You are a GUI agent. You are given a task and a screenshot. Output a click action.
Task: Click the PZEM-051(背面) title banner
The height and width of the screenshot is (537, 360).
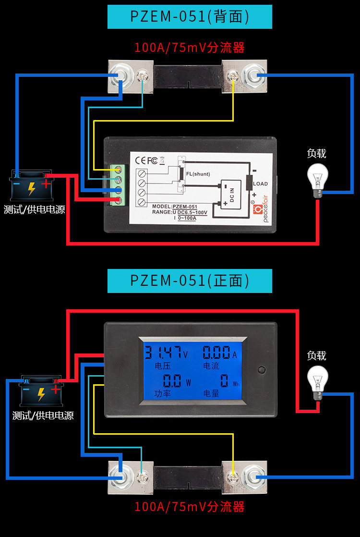point(190,16)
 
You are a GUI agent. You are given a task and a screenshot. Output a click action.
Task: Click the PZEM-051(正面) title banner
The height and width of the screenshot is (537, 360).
point(190,281)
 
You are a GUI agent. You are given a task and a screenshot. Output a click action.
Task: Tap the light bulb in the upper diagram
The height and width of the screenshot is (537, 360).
point(318,180)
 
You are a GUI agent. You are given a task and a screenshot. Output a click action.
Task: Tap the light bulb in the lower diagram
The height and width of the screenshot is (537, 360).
point(318,383)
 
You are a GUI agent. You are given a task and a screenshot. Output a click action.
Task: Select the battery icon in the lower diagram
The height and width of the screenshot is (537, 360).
point(41,391)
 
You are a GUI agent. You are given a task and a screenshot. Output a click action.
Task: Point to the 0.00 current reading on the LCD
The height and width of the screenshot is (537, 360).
point(219,353)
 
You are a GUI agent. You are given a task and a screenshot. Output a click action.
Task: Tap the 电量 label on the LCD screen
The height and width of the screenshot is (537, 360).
point(211,393)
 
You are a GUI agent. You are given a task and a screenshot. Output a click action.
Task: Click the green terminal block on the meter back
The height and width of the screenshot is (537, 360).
point(116,185)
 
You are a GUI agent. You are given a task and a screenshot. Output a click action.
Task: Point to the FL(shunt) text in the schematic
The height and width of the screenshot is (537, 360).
point(198,174)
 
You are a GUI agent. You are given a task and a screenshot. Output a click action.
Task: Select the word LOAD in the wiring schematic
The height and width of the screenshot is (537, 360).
point(261,184)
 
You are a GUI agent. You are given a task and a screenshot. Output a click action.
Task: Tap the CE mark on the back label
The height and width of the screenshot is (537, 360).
point(141,160)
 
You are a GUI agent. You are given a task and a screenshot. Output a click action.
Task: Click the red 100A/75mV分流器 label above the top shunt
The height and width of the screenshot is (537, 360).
point(190,48)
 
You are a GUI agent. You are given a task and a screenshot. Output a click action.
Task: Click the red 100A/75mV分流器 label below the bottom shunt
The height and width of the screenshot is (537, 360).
point(190,507)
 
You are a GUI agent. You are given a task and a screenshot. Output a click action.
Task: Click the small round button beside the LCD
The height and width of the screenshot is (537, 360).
point(262,370)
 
